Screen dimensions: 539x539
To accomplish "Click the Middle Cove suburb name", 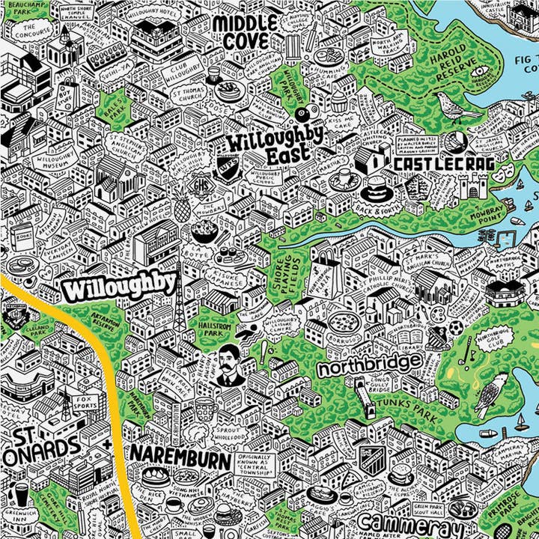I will tap(244, 31).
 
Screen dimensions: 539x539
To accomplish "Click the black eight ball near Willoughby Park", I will tap(302, 115).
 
